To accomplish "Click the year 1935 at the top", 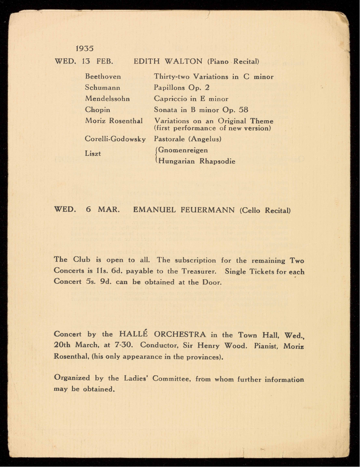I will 85,49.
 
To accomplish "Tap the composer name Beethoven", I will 103,77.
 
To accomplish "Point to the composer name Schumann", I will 102,88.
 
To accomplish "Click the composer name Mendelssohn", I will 107,99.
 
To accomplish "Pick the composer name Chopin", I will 97,110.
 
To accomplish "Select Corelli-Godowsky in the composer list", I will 115,139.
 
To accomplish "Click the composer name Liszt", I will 93,154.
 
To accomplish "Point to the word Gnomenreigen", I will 183,150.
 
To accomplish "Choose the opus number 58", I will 243,110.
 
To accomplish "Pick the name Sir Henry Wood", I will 215,345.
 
